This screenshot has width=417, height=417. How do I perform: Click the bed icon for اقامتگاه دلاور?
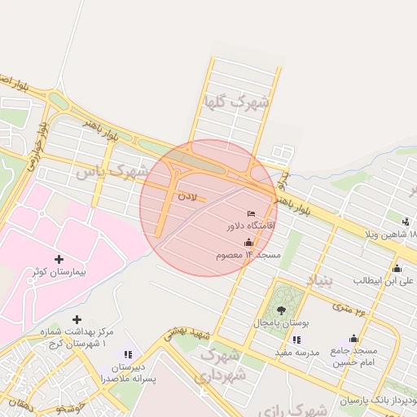(251, 213)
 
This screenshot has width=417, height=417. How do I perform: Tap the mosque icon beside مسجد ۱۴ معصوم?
(248, 243)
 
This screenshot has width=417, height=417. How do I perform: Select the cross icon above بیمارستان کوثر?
(59, 259)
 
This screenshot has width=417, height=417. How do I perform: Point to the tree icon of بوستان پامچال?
(282, 310)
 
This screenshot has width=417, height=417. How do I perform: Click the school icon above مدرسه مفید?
(296, 340)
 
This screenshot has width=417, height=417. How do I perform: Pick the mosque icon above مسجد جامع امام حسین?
(353, 339)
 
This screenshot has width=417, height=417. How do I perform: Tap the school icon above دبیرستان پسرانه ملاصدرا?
(128, 354)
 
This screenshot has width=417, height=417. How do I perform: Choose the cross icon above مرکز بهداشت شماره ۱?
(77, 319)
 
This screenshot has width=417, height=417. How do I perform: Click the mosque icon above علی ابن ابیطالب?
(397, 268)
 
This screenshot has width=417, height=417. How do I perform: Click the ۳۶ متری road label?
(349, 308)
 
